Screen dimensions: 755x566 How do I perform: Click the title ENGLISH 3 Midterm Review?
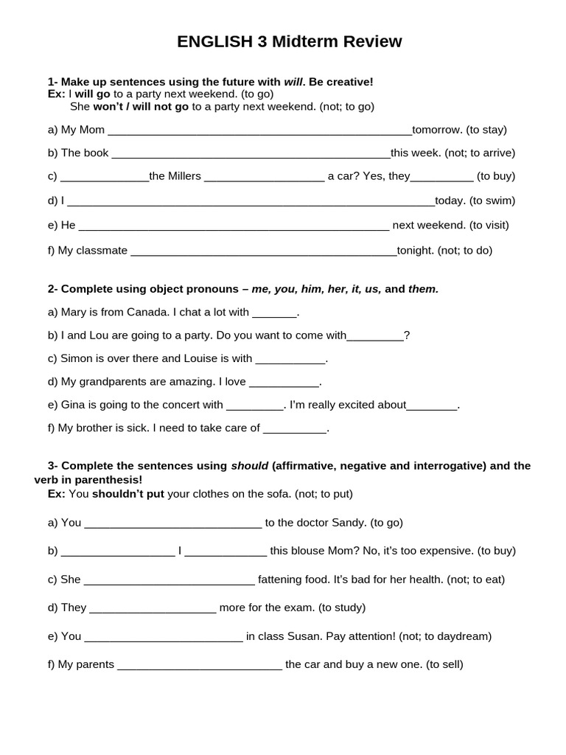coord(289,42)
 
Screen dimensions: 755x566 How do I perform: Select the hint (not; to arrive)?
coord(479,153)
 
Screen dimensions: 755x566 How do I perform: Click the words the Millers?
coord(175,176)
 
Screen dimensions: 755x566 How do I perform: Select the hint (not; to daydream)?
coord(444,636)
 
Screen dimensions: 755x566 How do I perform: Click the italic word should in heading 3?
coord(250,465)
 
